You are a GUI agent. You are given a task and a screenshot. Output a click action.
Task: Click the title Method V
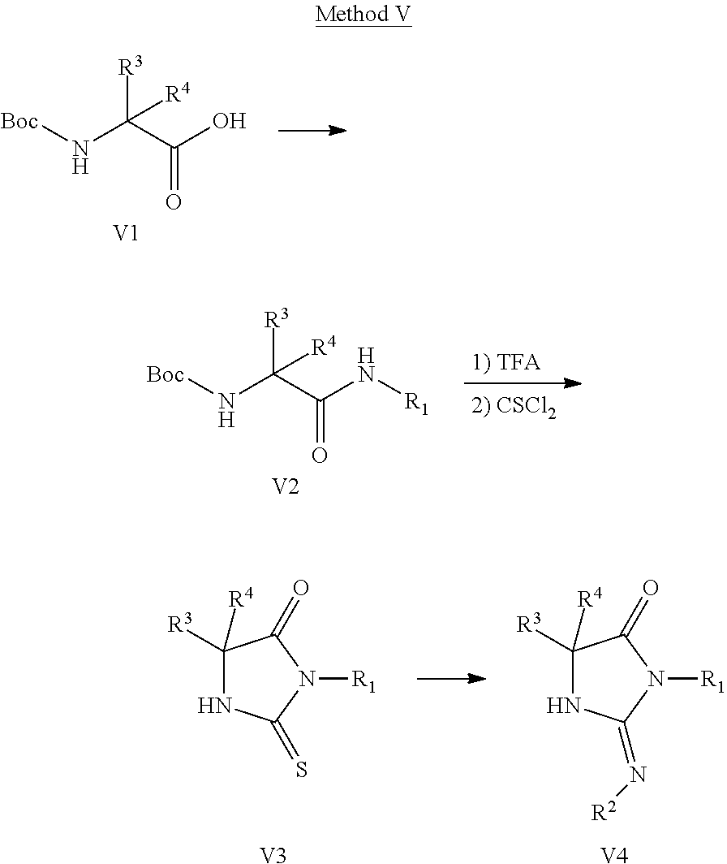coord(363,15)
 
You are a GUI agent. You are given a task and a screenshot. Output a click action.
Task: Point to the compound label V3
coord(273,853)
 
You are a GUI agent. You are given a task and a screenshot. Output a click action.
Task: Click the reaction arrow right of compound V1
coord(312,130)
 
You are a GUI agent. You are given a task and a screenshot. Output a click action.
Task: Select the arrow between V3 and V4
coord(451,678)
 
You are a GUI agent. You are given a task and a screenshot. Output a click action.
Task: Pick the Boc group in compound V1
coord(19,122)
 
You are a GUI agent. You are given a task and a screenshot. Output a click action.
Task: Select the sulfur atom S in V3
coord(301,768)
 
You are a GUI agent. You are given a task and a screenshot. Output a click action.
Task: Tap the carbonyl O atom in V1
coord(173,201)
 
